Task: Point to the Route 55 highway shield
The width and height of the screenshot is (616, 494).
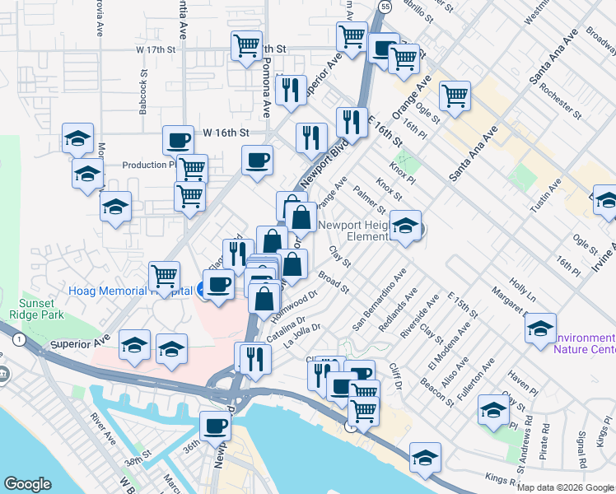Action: pyautogui.click(x=385, y=6)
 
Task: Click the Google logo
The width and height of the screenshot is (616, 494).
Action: pyautogui.click(x=27, y=484)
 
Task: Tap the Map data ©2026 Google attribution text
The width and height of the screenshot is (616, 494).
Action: pyautogui.click(x=565, y=487)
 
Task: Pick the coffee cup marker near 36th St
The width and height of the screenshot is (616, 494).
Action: pyautogui.click(x=216, y=426)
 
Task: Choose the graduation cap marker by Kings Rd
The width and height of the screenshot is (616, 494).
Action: pyautogui.click(x=425, y=458)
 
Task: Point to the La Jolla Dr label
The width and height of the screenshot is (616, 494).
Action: pyautogui.click(x=302, y=335)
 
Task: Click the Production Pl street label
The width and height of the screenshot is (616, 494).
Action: pyautogui.click(x=147, y=165)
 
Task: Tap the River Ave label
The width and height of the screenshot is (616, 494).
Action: pyautogui.click(x=102, y=426)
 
